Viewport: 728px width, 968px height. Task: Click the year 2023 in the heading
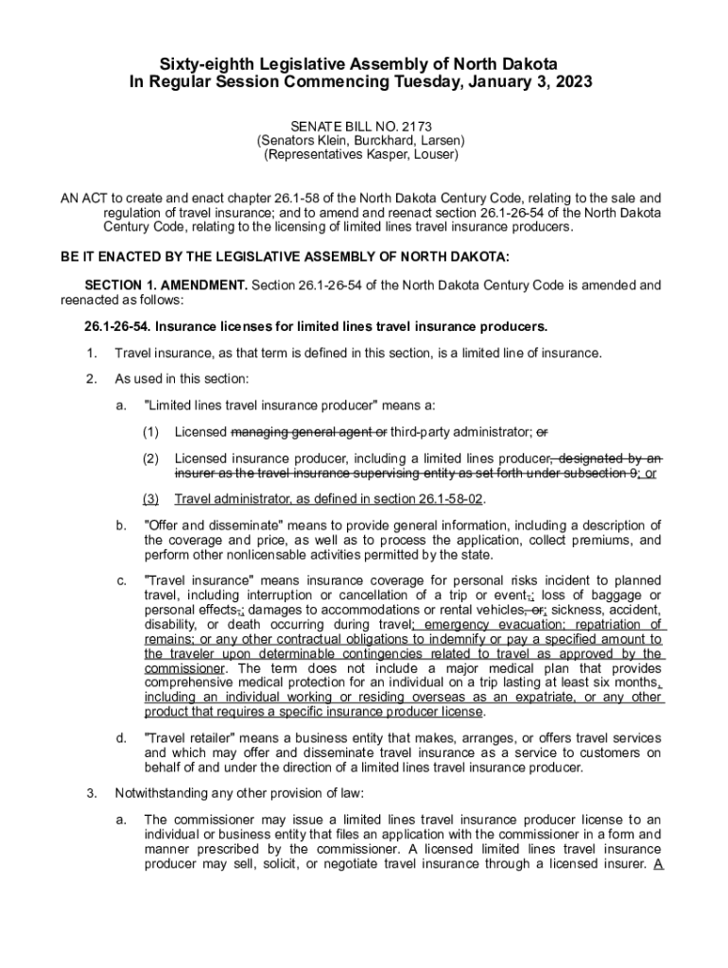click(x=570, y=82)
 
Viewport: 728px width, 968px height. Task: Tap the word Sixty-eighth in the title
click(x=199, y=63)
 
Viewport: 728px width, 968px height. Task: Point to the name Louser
click(x=436, y=154)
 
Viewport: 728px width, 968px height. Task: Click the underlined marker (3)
click(x=150, y=499)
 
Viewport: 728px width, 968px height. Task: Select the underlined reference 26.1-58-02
click(x=451, y=499)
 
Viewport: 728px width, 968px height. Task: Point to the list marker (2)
click(x=150, y=458)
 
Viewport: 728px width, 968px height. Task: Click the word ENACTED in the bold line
click(x=128, y=256)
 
